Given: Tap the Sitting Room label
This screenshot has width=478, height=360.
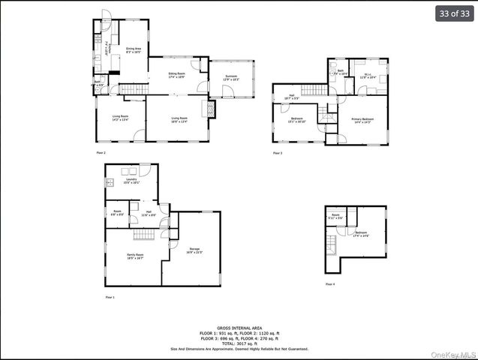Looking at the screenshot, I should (x=176, y=75).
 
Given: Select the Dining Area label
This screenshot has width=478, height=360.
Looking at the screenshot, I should (x=134, y=50).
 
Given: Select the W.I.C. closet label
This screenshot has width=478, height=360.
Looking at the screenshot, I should (x=368, y=75).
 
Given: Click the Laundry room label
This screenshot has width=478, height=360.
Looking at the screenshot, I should (x=131, y=181).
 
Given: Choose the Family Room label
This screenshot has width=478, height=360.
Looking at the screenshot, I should (x=134, y=256).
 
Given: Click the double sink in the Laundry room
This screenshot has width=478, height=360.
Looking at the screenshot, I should (x=110, y=182).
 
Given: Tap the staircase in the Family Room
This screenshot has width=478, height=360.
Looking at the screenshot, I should (x=144, y=235).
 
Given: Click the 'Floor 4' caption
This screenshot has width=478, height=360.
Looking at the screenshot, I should (x=331, y=284).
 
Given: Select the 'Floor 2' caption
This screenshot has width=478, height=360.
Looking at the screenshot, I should (x=101, y=152).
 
